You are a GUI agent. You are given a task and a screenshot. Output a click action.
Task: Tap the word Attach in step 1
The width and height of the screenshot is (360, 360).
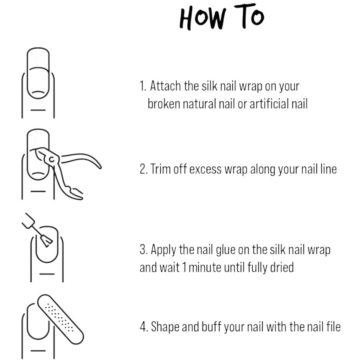[x=165, y=86]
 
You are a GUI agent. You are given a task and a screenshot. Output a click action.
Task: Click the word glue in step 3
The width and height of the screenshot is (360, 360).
[x=226, y=250]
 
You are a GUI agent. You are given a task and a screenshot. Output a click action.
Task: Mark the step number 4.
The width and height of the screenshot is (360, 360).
[x=143, y=327]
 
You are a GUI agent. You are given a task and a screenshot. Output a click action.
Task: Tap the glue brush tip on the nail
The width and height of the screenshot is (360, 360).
[x=47, y=242]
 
